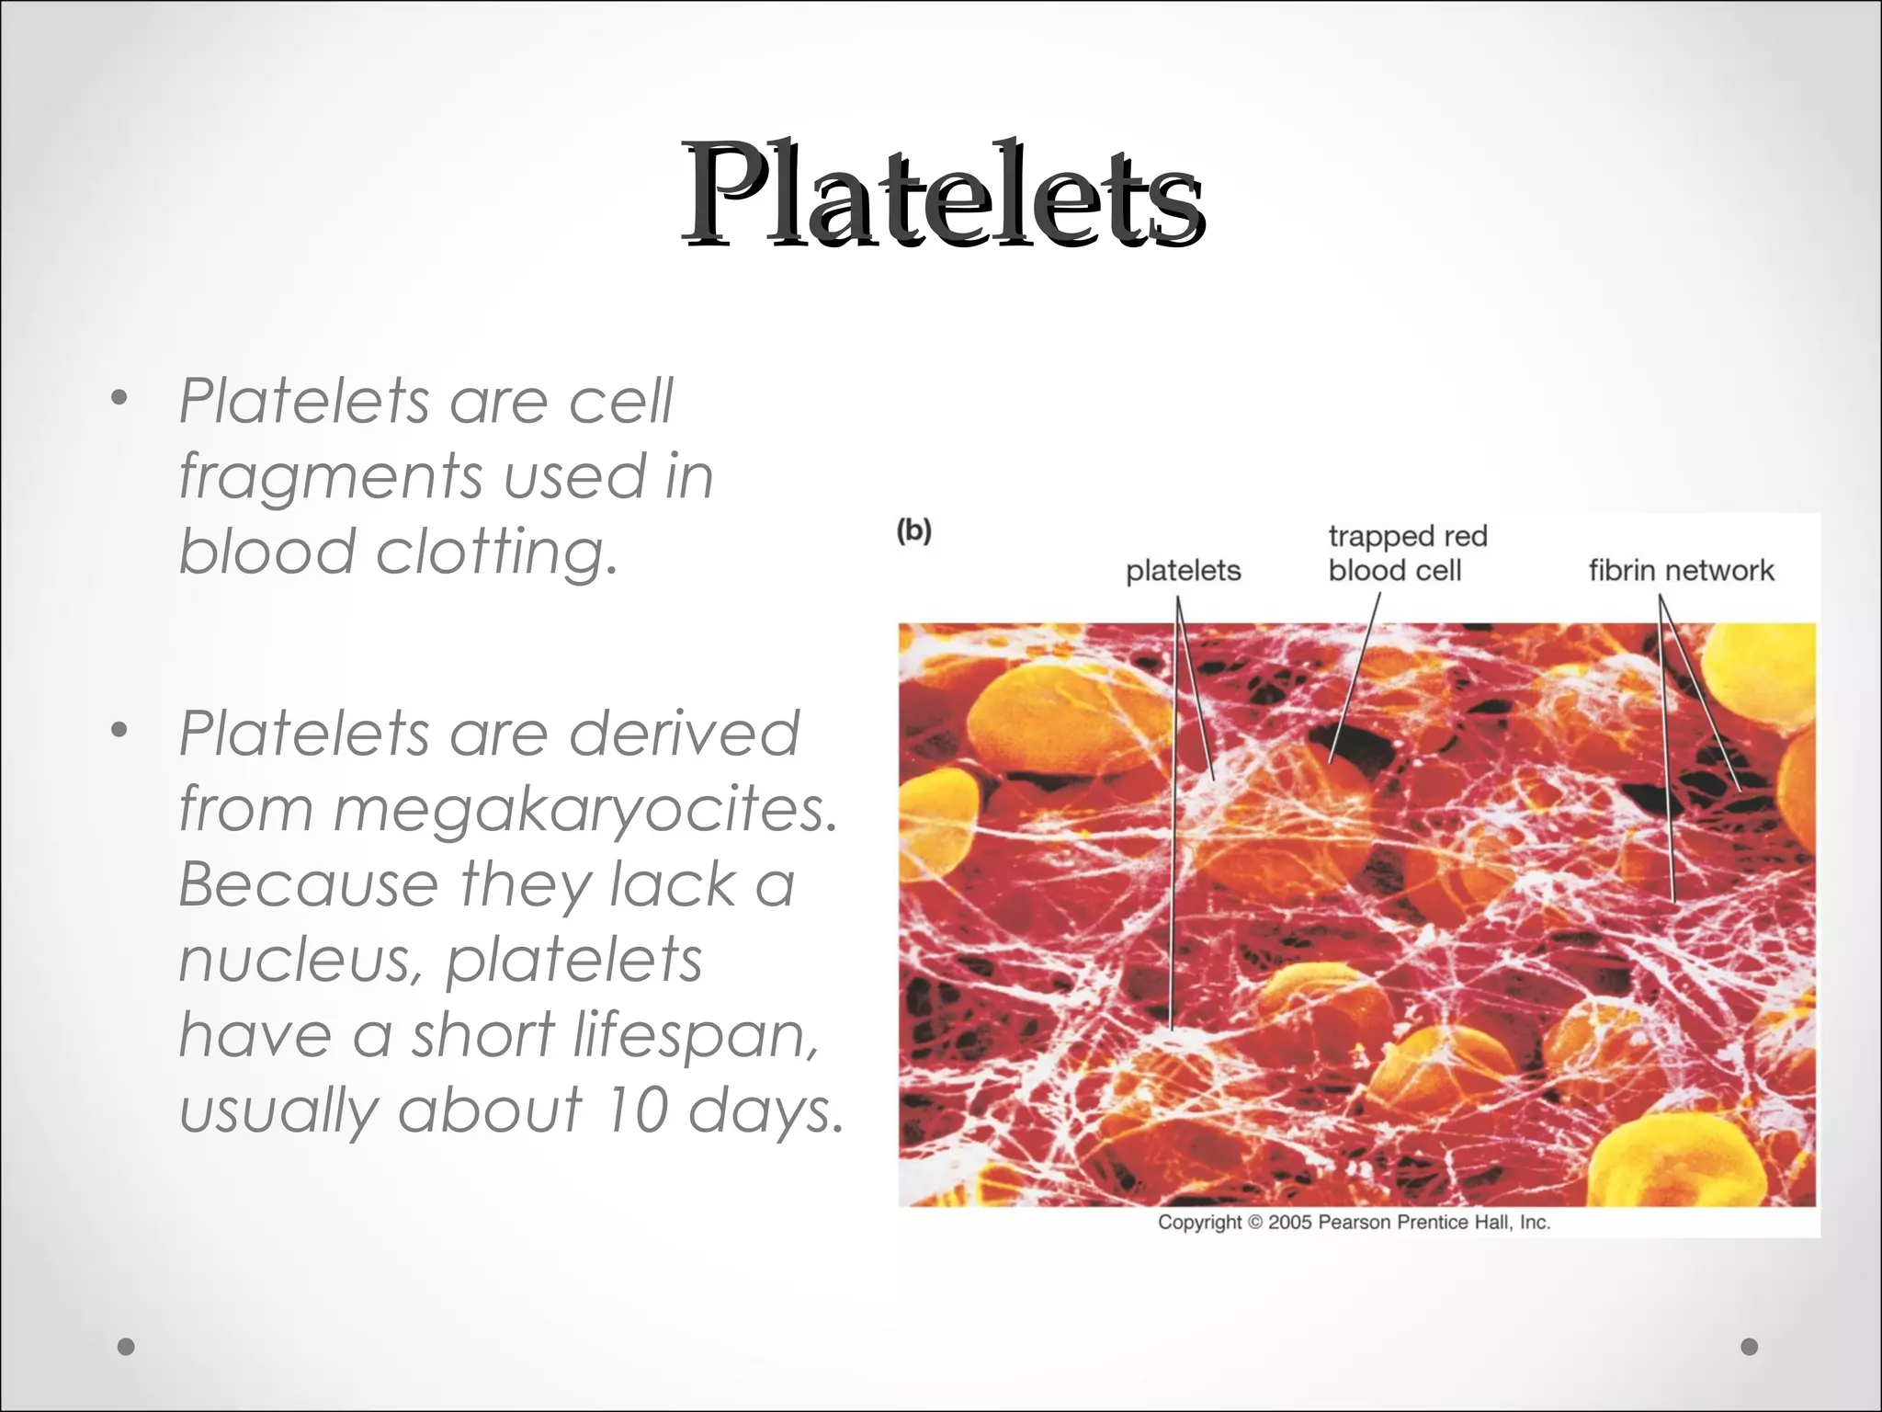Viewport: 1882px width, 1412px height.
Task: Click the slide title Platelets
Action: coord(942,195)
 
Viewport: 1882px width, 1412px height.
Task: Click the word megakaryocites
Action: coord(585,810)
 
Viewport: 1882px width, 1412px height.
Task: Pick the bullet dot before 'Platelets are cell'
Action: coord(118,399)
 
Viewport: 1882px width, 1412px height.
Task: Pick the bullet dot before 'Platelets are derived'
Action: coord(118,731)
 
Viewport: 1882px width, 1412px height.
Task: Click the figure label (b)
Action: coord(913,531)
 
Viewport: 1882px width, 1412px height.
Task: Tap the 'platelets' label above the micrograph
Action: coord(1183,571)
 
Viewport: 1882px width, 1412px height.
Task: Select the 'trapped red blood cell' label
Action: coord(1406,553)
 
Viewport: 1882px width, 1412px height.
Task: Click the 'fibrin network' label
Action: coord(1681,571)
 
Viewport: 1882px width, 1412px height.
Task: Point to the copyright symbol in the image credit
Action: coord(1254,1223)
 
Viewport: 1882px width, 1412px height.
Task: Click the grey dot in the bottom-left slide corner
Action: coord(127,1347)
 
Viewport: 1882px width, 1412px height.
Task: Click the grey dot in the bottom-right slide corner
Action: coord(1749,1347)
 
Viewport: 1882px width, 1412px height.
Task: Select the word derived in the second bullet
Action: coord(684,734)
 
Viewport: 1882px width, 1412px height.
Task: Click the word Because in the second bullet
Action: coord(308,884)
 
